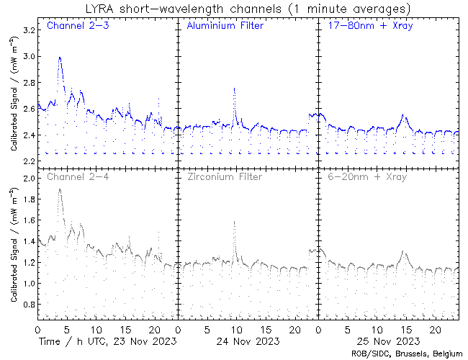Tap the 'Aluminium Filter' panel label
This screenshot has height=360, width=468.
click(225, 26)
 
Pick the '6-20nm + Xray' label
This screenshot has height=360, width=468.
click(366, 176)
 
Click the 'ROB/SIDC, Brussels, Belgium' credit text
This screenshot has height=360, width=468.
click(408, 354)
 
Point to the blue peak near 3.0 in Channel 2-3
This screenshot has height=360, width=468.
click(59, 58)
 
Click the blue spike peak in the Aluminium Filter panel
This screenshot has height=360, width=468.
click(234, 88)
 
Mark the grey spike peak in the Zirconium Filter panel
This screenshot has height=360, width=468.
click(234, 222)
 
